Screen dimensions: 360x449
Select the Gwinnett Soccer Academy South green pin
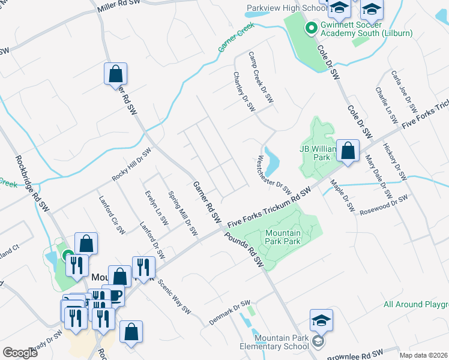click(311, 28)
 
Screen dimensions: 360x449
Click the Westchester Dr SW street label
click(274, 172)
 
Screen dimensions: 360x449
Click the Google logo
click(20, 352)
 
